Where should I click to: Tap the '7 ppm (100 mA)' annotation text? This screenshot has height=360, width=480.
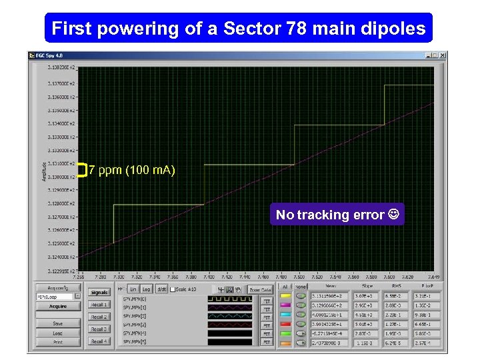coord(132,170)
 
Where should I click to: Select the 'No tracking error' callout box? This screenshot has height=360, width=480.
coord(337,215)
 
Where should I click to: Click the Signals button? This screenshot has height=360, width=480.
coord(99,292)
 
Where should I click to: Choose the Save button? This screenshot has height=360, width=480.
coord(58,323)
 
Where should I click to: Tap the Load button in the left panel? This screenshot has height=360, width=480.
coord(58,333)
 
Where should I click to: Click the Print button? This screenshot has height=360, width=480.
coord(58,342)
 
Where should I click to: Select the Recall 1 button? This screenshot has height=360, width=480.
coord(99,305)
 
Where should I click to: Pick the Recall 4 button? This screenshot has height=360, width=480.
coord(99,341)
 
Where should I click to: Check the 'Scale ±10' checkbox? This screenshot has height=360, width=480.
coord(173,289)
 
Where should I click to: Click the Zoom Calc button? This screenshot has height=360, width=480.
coord(260,289)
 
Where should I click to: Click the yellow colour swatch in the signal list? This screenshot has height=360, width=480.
coord(285,295)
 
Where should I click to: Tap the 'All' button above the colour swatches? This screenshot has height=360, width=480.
coord(285,287)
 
